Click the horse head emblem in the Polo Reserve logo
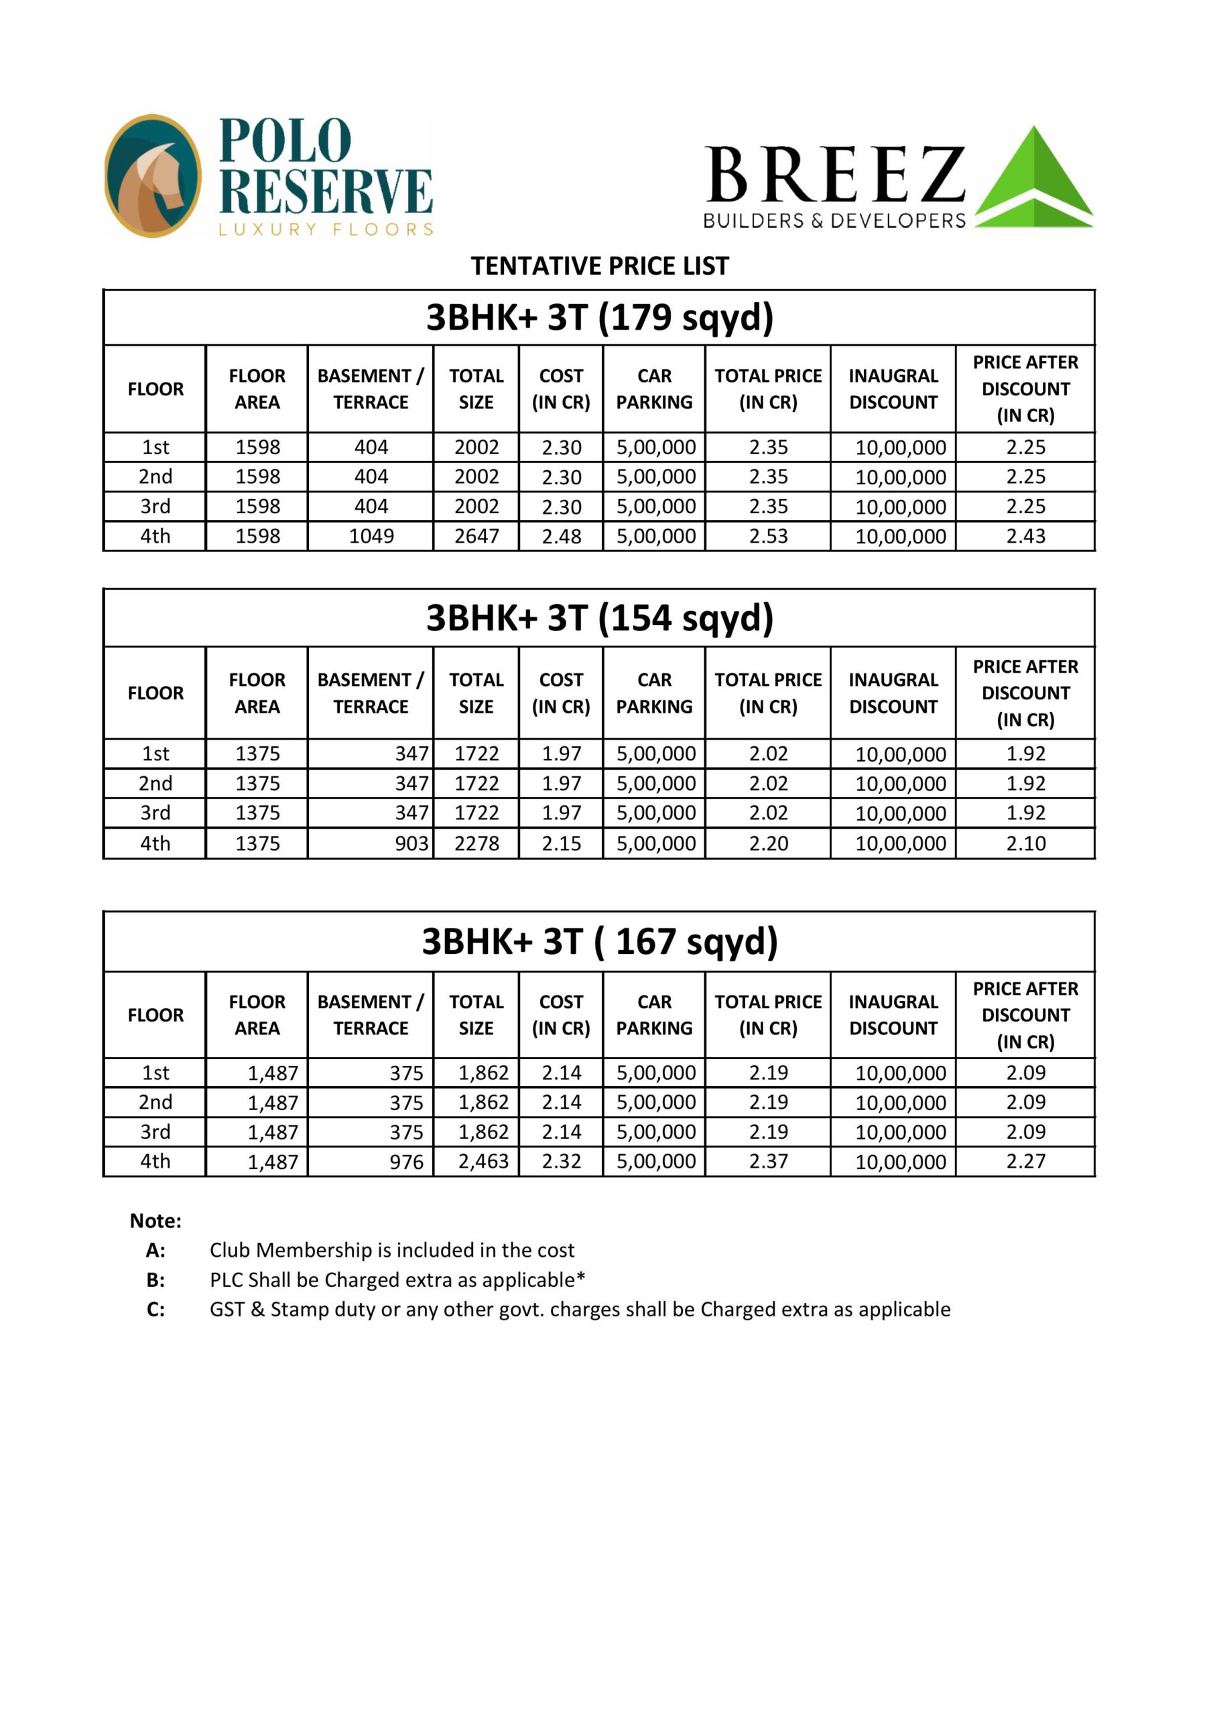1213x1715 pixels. pos(153,176)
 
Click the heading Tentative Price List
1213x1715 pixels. pos(599,266)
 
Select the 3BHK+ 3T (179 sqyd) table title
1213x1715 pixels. pos(599,318)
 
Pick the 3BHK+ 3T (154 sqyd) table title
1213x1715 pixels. pos(599,618)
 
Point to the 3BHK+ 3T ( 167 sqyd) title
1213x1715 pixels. pos(599,941)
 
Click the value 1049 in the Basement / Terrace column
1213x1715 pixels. pos(371,537)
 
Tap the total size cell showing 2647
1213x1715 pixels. pos(476,537)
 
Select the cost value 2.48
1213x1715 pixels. pos(562,537)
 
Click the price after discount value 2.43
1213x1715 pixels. pos(1025,537)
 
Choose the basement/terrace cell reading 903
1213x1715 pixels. pos(411,843)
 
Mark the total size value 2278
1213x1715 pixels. pos(476,843)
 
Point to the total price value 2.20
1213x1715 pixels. pos(768,843)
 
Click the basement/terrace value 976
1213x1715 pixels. pos(407,1162)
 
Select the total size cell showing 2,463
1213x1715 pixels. pos(483,1162)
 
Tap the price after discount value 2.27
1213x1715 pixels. pos(1025,1162)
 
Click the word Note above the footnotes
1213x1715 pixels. pos(155,1221)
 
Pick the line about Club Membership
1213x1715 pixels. pos(391,1250)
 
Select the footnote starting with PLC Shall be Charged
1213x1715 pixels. pos(397,1280)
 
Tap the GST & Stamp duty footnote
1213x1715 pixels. pos(580,1310)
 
